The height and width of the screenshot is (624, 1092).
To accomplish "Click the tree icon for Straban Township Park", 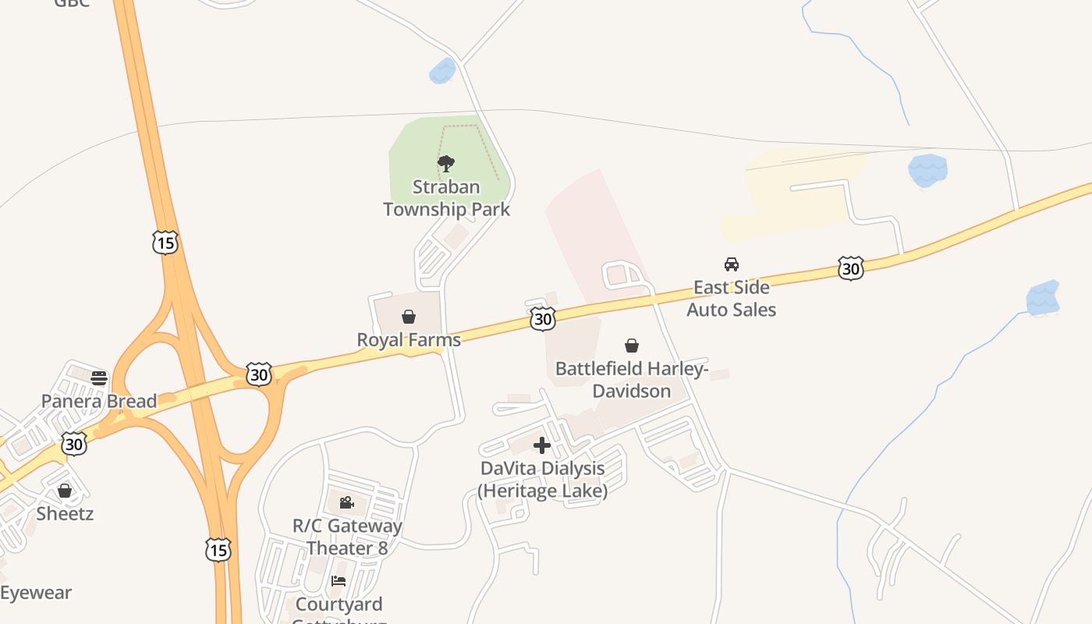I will point(446,164).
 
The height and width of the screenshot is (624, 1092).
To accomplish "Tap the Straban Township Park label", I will point(447,198).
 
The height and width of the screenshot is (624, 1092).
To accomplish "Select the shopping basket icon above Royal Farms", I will point(408,317).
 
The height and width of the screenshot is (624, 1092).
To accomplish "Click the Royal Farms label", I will point(409,339).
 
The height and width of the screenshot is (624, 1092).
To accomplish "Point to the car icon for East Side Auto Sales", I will point(732,264).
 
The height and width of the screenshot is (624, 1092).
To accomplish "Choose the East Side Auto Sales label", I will point(731,298).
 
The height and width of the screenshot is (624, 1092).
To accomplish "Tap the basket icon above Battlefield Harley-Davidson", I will point(632,346).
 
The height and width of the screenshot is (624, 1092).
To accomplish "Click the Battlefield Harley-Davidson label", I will point(632,379).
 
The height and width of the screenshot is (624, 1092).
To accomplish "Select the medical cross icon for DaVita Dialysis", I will point(542,445).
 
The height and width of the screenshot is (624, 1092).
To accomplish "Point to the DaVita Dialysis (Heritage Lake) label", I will point(543,479).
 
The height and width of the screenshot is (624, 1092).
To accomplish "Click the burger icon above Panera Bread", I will point(99,378).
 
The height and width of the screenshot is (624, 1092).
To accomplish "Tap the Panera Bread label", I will point(99,402).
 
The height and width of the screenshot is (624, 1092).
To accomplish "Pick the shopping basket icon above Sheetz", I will point(65,491).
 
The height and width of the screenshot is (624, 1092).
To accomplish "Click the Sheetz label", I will point(65,513).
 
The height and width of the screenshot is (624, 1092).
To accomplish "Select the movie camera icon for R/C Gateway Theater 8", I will point(347,502).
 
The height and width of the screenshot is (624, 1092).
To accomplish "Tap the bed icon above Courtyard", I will point(339,581).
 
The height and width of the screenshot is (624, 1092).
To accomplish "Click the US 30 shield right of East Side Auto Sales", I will point(850,268).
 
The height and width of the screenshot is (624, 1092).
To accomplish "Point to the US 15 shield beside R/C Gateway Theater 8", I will point(218,550).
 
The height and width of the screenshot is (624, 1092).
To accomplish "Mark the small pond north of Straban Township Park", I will point(442,71).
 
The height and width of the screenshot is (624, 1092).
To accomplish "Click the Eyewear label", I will point(36,593).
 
